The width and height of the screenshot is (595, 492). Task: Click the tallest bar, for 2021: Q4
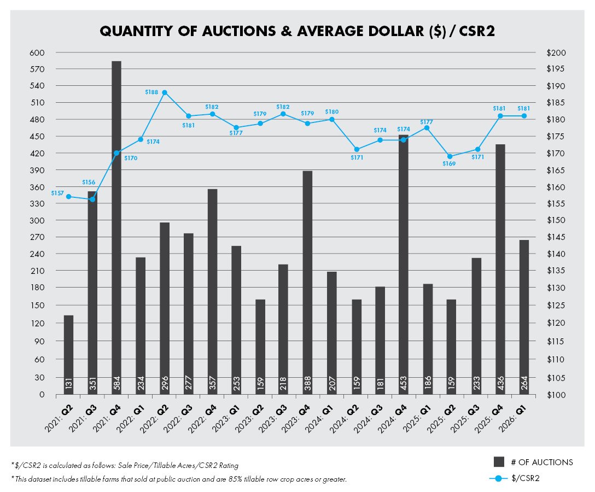point(116,219)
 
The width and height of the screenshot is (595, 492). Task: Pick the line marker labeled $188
point(164,92)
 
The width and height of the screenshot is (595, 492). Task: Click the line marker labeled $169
point(450,156)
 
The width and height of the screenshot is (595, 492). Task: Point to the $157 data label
point(57,193)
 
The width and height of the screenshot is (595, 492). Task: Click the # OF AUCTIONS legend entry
point(539,462)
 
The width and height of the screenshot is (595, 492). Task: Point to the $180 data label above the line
point(332,112)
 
